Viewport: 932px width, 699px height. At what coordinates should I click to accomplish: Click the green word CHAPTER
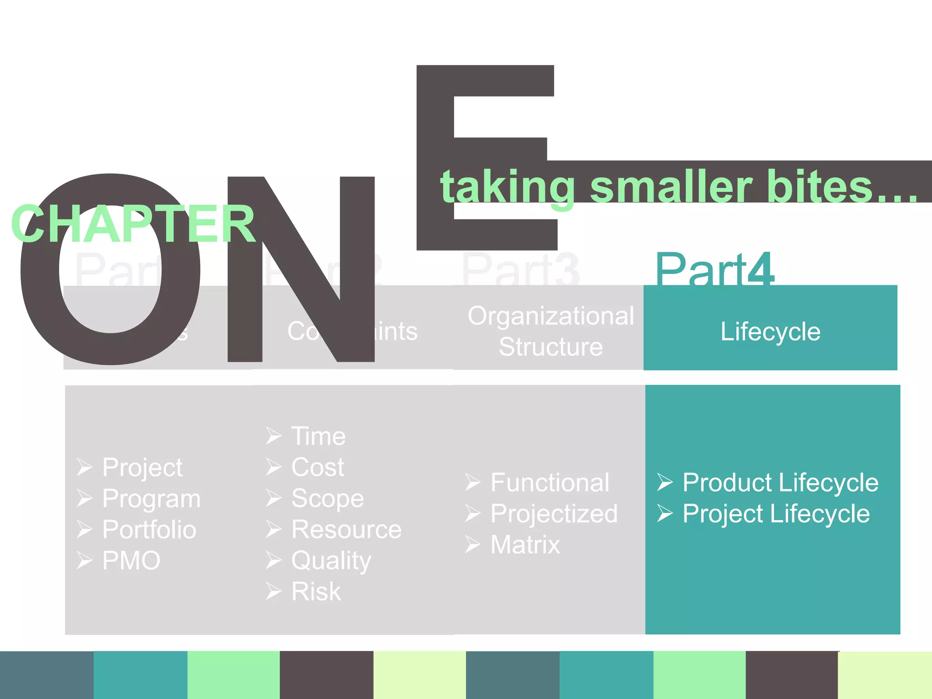[x=133, y=224]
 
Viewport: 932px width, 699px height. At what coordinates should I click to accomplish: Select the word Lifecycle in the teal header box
[x=770, y=331]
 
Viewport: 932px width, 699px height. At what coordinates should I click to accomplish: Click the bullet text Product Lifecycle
[x=780, y=482]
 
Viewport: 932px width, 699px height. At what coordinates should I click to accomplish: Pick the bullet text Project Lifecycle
[x=776, y=514]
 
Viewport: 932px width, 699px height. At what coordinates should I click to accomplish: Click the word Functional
[x=550, y=482]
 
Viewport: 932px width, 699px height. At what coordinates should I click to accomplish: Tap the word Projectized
[x=554, y=514]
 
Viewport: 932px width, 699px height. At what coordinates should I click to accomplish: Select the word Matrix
[x=525, y=545]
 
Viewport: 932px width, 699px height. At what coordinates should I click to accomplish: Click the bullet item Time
[x=319, y=436]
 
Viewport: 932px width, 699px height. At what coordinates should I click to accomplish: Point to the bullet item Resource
[x=346, y=529]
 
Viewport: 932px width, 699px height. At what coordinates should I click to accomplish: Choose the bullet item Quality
[x=331, y=561]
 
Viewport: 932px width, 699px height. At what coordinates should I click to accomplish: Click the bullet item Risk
[x=316, y=592]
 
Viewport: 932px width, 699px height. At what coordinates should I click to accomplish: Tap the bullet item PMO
[x=131, y=561]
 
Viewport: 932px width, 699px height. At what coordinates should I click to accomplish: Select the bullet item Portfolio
[x=149, y=529]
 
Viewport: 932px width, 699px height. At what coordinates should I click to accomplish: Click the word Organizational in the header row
[x=551, y=316]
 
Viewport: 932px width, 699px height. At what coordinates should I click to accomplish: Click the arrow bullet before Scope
[x=274, y=498]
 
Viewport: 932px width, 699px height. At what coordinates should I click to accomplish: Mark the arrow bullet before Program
[x=85, y=498]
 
